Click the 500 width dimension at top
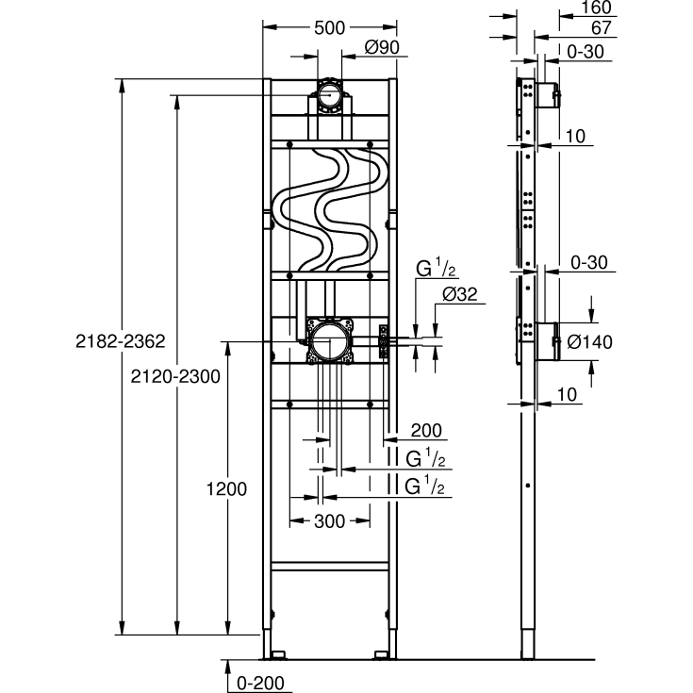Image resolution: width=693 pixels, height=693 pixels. pos(329,27)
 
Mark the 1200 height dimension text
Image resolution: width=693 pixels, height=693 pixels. pos(226,489)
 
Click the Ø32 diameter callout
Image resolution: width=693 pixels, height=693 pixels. pos(460,295)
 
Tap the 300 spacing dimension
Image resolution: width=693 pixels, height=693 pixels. pos(329,520)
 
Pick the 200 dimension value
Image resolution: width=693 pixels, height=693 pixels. pos(425,430)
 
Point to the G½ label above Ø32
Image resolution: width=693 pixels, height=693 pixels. pos(437,271)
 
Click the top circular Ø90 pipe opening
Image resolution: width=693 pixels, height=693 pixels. pos(329,95)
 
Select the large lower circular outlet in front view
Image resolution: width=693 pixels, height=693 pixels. pos(329,340)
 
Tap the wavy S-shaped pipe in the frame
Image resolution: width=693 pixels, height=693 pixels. pos(329,209)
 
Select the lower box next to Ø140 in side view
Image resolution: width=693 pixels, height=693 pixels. pos(546,339)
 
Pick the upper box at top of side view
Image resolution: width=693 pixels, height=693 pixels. pos(547,95)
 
